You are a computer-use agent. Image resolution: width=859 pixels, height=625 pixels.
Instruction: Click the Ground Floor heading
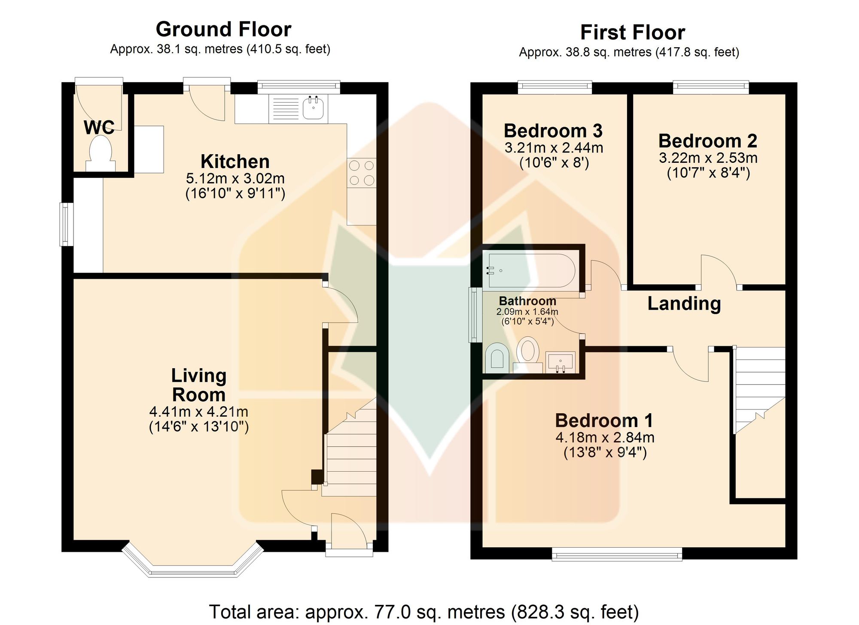tap(223, 29)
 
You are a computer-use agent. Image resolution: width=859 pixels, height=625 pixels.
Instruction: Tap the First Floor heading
tap(633, 32)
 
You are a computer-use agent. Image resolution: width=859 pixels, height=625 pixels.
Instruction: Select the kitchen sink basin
tap(314, 108)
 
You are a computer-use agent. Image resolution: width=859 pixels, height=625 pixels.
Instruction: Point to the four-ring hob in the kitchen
tap(362, 173)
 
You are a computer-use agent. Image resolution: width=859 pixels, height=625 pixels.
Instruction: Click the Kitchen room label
tap(235, 162)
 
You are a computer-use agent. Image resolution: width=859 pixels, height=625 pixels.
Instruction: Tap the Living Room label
tap(198, 385)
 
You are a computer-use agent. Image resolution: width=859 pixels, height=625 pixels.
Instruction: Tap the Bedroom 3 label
tap(553, 131)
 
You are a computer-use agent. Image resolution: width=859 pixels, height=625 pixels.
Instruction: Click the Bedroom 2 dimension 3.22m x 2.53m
tap(708, 158)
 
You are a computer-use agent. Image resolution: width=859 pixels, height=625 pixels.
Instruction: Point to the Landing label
tap(684, 303)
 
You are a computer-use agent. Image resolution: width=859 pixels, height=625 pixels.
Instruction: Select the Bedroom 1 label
tap(604, 420)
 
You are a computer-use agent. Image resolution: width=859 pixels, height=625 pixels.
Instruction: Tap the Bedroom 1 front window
tap(617, 554)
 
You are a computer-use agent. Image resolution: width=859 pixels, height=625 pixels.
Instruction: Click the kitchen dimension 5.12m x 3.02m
tap(235, 178)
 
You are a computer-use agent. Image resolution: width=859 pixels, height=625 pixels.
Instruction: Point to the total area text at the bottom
tap(424, 612)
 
